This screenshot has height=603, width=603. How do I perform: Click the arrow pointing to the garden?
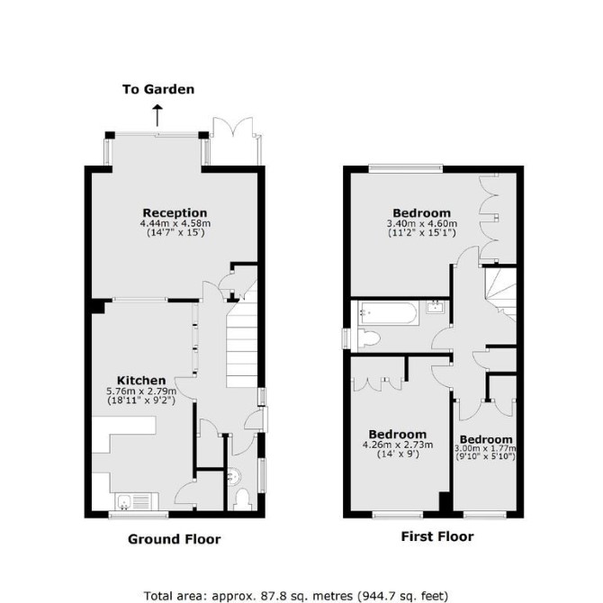157,115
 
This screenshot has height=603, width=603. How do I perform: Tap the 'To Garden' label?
158,90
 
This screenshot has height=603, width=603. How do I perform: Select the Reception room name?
175,212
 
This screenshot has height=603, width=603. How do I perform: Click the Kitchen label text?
141,381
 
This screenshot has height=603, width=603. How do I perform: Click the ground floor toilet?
242,499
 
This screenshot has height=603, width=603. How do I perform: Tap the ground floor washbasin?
234,477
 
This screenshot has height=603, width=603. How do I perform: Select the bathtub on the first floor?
388,313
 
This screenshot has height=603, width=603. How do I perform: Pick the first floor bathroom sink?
436,307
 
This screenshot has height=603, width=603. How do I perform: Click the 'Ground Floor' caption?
175,539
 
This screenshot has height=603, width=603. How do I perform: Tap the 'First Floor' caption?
437,536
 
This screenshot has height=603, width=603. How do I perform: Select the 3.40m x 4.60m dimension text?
422,223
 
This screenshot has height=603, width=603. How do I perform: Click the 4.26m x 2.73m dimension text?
398,445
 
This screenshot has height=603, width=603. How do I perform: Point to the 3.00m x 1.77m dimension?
485,448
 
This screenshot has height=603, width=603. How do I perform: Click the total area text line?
296,596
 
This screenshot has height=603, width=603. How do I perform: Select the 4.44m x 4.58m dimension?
175,223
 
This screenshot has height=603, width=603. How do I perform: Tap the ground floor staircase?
241,338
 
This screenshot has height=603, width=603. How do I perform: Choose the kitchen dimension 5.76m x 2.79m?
141,391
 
